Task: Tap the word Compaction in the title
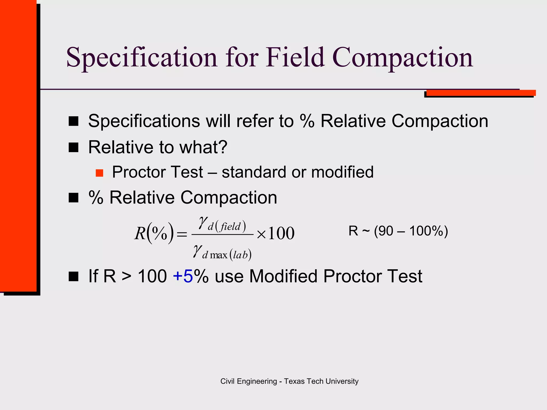pyautogui.click(x=403, y=58)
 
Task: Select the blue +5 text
pyautogui.click(x=183, y=276)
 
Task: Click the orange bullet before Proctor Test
pyautogui.click(x=99, y=173)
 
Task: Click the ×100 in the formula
pyautogui.click(x=275, y=233)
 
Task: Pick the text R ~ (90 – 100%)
pyautogui.click(x=398, y=231)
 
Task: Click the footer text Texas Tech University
pyautogui.click(x=321, y=381)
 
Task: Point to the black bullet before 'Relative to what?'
pyautogui.click(x=73, y=147)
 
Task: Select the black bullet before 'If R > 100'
pyautogui.click(x=73, y=277)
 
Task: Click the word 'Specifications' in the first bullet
pyautogui.click(x=144, y=121)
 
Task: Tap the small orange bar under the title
pyautogui.click(x=481, y=93)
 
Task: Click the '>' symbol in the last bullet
pyautogui.click(x=126, y=277)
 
